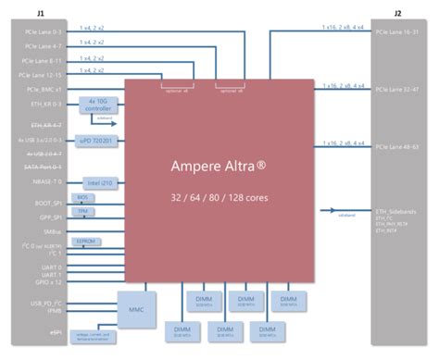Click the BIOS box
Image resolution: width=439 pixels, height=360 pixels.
point(82,198)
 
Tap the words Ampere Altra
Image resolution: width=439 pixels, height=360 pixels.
point(219,167)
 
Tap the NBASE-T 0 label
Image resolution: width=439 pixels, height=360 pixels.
point(44,182)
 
